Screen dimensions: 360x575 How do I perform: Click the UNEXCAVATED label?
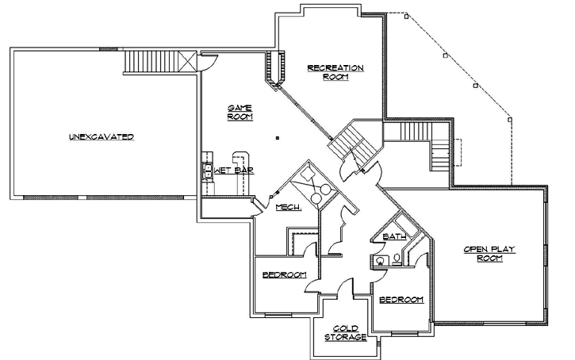[101, 137]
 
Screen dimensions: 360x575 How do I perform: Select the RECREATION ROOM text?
[335, 72]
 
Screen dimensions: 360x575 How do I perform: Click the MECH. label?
[286, 208]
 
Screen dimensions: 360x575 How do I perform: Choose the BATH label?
[394, 236]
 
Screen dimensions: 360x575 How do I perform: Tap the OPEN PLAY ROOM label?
[489, 254]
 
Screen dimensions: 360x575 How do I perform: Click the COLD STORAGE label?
[345, 333]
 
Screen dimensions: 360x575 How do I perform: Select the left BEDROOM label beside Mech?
[284, 274]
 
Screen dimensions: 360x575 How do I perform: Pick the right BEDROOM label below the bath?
[401, 300]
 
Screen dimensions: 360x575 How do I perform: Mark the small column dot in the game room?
[277, 137]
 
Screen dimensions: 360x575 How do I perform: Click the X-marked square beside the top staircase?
[187, 62]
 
